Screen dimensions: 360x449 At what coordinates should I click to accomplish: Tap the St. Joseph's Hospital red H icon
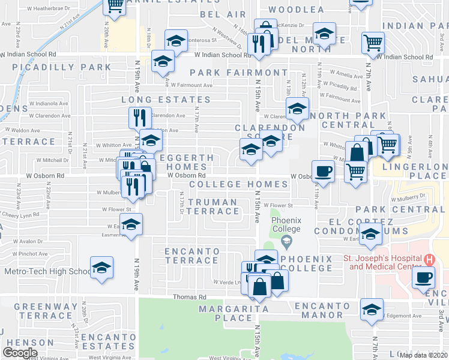[429, 260]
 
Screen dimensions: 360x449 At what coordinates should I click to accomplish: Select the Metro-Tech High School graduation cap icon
[102, 267]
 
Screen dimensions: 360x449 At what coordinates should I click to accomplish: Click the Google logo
[20, 353]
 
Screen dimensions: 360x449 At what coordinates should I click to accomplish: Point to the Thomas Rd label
[189, 297]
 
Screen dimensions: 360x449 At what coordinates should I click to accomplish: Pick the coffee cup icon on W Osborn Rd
[324, 170]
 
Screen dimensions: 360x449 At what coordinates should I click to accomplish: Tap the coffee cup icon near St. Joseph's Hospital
[424, 277]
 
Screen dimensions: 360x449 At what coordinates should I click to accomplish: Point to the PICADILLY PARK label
[61, 67]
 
